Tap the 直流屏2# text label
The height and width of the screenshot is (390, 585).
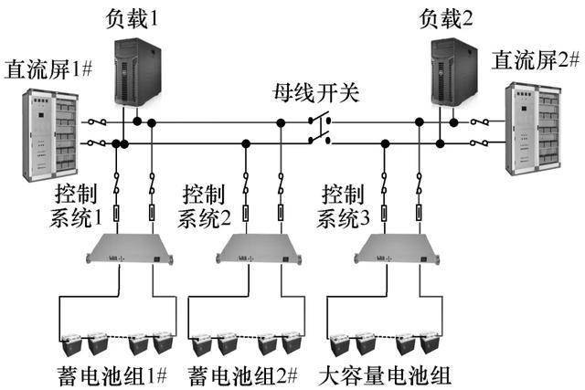pos(536,59)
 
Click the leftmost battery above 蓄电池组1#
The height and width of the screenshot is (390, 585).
pos(71,344)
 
